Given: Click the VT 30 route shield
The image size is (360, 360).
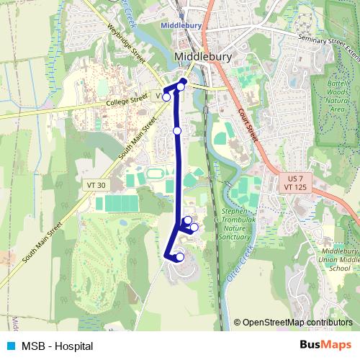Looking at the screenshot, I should [96, 185].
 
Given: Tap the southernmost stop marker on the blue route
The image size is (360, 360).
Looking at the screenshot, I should [180, 257].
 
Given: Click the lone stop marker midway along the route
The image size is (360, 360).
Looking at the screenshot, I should [177, 130].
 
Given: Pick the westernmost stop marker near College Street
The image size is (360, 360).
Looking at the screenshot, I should [166, 96].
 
